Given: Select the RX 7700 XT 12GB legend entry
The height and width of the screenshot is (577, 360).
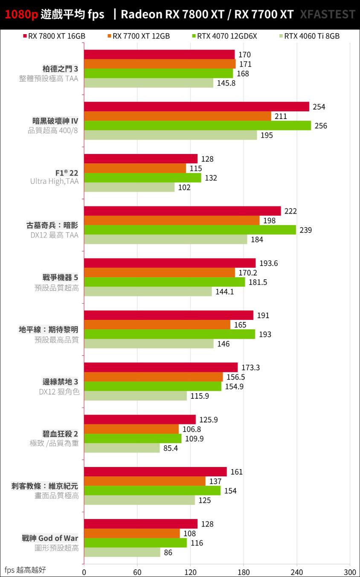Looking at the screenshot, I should [x=139, y=36].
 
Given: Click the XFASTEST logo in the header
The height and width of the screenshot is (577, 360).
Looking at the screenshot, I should [x=328, y=14].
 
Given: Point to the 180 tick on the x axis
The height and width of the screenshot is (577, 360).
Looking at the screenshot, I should [x=244, y=571].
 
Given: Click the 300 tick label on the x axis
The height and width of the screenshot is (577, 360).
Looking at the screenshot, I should [x=350, y=571].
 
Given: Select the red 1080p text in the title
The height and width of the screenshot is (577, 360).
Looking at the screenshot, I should [x=21, y=14].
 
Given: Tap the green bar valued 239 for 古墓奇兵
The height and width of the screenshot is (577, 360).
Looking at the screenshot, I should [x=190, y=230].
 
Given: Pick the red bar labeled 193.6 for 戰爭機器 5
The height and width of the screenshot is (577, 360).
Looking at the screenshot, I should [x=170, y=263].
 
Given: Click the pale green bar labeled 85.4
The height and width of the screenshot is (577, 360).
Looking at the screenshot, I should [x=122, y=448].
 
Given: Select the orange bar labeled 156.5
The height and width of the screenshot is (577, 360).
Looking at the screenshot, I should [x=153, y=377].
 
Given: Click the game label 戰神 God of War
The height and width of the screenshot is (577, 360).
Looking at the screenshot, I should [x=50, y=538].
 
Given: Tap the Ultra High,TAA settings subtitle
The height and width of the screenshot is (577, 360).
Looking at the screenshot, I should [x=54, y=181].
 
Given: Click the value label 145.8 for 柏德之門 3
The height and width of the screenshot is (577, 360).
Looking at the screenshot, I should [x=226, y=83].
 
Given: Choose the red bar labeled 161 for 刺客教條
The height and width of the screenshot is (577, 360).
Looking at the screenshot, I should [x=155, y=472].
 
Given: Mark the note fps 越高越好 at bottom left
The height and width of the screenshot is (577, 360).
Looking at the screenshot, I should [x=25, y=570].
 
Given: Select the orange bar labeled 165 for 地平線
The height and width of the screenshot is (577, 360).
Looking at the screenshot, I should [x=157, y=325].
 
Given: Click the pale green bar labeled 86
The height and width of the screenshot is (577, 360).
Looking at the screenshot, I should [x=122, y=552].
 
